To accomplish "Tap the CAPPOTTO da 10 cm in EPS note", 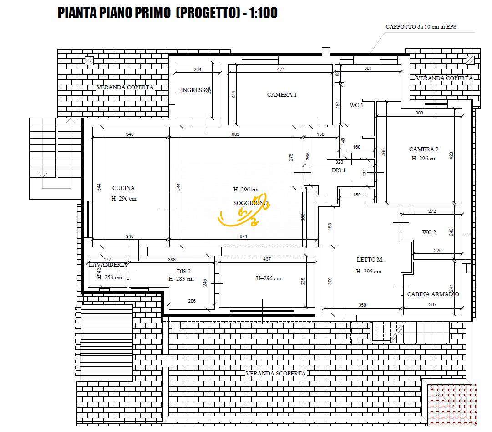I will coord(421,27).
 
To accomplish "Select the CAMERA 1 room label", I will coord(282,95).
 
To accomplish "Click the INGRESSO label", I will coord(195,90).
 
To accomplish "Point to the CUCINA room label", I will coord(123,188).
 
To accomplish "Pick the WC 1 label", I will coord(356,105).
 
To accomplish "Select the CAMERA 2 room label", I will coord(424,149).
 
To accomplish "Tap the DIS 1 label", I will coord(338,170).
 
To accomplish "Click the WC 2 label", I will coord(429,232).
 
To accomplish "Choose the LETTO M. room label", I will coord(370,260).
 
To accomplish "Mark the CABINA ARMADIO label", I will coord(433,294).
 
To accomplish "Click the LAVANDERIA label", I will coord(107,265).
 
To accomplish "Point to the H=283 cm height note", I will coord(181,279).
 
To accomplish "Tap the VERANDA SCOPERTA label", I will coord(275,374).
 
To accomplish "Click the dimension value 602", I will coord(235,134).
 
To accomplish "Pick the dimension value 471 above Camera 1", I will coord(280,70).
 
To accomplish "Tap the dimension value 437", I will coord(267,259).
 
